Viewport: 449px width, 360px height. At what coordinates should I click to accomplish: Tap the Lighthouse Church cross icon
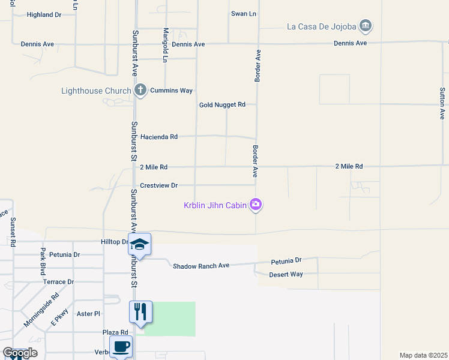[140, 91]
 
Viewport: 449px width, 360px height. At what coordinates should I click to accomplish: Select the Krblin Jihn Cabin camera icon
[256, 205]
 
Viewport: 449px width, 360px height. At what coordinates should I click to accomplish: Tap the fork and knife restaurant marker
[140, 311]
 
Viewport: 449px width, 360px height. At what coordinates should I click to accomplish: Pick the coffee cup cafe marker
[121, 346]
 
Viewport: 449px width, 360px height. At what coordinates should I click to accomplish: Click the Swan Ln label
[244, 13]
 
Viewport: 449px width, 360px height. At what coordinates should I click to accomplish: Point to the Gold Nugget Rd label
[222, 105]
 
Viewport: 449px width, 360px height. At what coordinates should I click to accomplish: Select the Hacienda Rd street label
[158, 137]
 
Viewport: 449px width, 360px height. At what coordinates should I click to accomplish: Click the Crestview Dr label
[158, 186]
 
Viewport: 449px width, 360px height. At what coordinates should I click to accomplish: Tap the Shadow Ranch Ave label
[201, 266]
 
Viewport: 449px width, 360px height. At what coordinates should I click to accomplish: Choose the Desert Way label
[286, 274]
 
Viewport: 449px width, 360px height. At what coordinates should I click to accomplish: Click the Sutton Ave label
[442, 103]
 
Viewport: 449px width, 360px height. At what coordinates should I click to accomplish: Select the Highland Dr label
[44, 14]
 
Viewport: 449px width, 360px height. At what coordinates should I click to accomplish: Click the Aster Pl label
[88, 314]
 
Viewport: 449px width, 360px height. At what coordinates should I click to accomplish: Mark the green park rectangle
[170, 319]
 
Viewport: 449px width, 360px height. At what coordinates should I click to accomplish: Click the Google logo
[20, 353]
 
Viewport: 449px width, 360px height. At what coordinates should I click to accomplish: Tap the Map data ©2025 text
[424, 355]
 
